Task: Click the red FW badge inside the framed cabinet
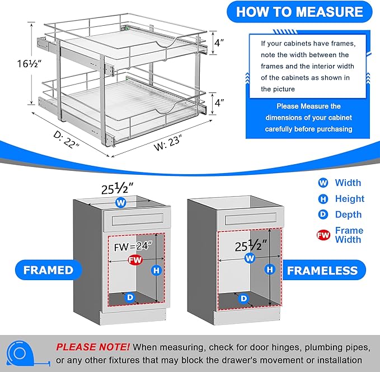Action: click(134, 260)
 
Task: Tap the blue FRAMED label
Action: click(49, 270)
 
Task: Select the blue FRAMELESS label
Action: click(322, 271)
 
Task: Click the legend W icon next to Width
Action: click(322, 183)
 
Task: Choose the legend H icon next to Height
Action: click(322, 199)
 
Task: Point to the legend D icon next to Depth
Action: click(322, 215)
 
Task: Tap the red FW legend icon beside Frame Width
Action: click(323, 235)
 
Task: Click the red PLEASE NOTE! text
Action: click(93, 347)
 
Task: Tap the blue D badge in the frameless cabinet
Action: click(243, 299)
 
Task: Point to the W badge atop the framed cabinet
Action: click(120, 203)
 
